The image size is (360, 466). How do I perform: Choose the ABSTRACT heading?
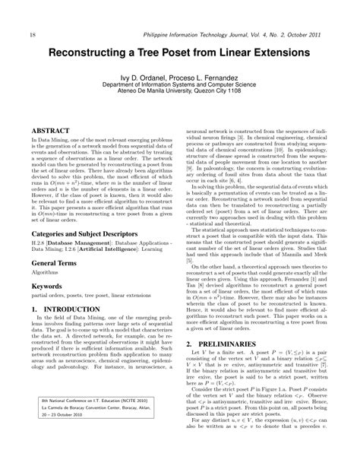pos(55,131)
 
